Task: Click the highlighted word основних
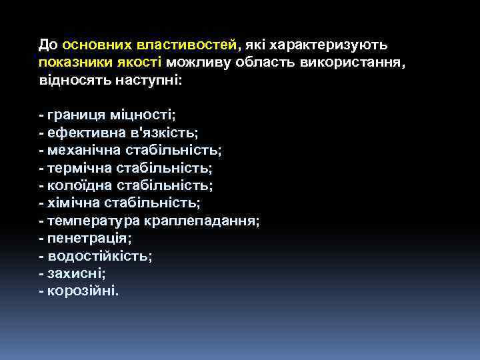(97, 45)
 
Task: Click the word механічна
(81, 150)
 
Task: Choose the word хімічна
(71, 203)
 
